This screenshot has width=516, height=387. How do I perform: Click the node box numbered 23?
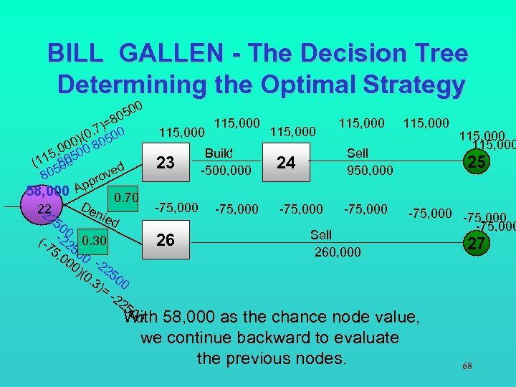(x=166, y=163)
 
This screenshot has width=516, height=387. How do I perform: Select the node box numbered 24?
(x=286, y=163)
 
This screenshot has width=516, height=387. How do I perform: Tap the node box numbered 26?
(x=166, y=240)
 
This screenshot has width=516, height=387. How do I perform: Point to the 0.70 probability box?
(x=126, y=196)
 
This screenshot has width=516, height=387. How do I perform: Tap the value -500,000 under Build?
(x=226, y=171)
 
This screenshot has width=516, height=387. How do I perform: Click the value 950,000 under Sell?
(x=369, y=171)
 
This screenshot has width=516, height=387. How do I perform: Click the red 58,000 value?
(x=47, y=191)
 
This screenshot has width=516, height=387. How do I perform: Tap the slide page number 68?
(x=467, y=366)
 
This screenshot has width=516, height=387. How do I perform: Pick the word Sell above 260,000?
(x=321, y=234)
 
